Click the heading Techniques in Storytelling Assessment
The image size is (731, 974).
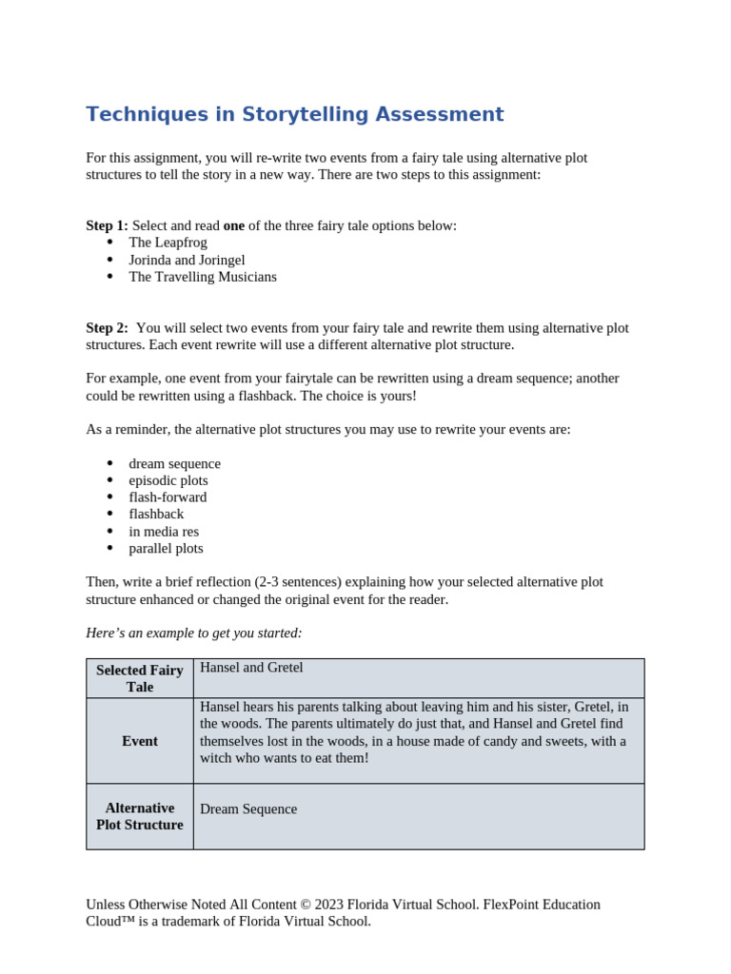[294, 115]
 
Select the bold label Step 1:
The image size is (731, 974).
[107, 225]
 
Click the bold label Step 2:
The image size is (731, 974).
[107, 328]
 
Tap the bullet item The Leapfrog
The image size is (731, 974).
[168, 243]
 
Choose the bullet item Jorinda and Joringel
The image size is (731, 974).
[187, 260]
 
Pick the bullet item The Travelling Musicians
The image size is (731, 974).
[203, 277]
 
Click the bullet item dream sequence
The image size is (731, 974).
[174, 463]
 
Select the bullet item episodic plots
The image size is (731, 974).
[168, 480]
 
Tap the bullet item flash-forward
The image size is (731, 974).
[168, 497]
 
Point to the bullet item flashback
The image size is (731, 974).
[156, 515]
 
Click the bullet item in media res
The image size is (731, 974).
[164, 532]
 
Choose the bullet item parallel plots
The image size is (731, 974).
[166, 549]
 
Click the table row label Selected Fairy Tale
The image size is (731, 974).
[140, 678]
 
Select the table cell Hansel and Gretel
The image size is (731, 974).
[251, 668]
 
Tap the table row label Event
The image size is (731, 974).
[140, 741]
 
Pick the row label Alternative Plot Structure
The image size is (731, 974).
[140, 816]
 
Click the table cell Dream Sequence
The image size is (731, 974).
[248, 809]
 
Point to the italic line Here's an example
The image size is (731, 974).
[193, 633]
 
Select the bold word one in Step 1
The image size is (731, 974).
[233, 225]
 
